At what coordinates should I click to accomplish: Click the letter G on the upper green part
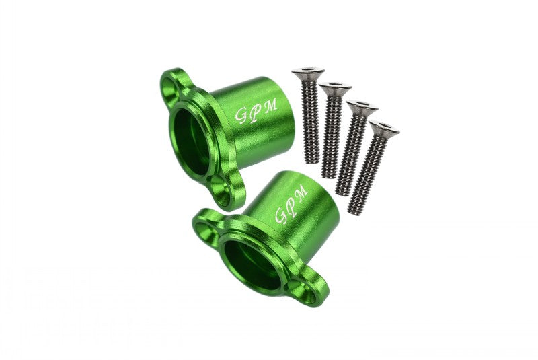241,116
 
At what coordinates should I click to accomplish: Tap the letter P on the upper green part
256,112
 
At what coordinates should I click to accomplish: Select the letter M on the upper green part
270,105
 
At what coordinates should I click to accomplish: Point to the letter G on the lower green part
282,216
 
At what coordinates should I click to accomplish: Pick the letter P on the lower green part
292,205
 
